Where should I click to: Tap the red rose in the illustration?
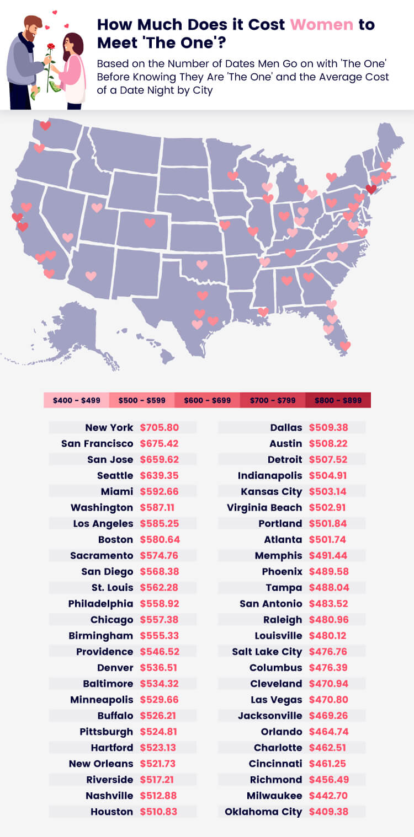(x=51, y=47)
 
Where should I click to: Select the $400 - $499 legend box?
(x=76, y=400)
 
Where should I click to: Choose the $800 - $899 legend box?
(x=338, y=400)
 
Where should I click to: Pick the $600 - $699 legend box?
(x=207, y=400)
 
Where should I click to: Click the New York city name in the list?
(x=109, y=427)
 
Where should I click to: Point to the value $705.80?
(x=160, y=427)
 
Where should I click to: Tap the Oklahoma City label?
(x=263, y=812)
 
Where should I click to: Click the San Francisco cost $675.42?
(x=160, y=443)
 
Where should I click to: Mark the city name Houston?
(x=112, y=812)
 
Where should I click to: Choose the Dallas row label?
(x=286, y=427)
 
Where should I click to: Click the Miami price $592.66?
(x=160, y=491)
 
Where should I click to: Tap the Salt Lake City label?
(x=267, y=652)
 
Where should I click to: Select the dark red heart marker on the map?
(x=371, y=189)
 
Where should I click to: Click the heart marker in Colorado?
(x=150, y=223)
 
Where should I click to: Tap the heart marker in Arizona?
(x=91, y=276)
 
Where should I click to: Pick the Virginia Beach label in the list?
(x=264, y=507)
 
